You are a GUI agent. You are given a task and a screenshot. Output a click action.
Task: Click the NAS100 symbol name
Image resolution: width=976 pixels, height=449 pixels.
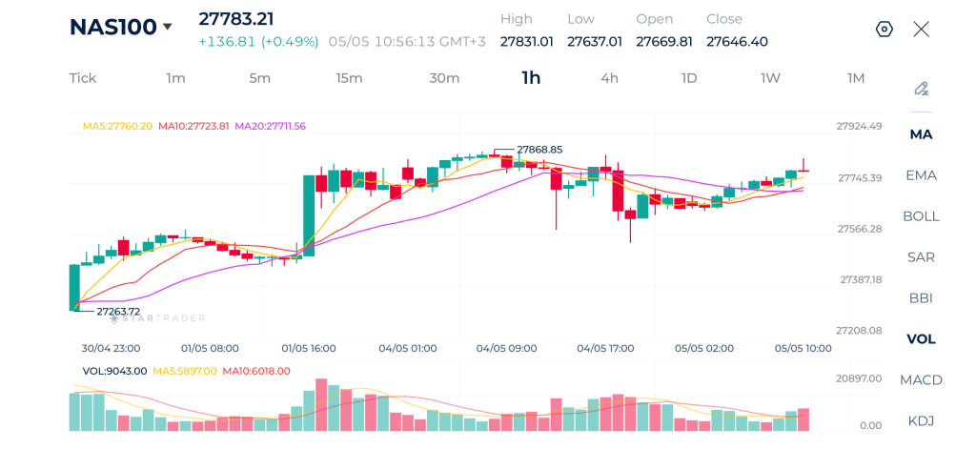112,27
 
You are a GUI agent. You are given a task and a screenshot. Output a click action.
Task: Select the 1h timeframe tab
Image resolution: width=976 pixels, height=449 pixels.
531,78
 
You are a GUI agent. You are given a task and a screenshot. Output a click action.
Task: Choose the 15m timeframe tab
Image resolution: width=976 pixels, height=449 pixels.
349,78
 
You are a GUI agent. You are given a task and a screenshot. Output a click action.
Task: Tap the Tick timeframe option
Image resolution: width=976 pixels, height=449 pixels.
83,78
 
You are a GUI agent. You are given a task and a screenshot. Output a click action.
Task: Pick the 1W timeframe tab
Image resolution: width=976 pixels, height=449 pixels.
770,78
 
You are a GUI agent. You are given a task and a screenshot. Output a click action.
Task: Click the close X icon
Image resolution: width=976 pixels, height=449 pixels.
922,29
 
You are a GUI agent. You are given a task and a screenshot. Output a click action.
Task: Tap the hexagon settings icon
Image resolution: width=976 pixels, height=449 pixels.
884,29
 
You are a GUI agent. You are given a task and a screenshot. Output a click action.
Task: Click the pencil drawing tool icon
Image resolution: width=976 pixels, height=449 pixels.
922,89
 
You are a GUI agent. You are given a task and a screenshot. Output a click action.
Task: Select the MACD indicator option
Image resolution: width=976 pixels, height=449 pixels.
922,379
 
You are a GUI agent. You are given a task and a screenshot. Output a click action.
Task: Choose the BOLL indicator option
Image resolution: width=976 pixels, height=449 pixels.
922,216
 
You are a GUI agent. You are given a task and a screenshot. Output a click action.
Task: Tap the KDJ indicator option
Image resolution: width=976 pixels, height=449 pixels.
922,421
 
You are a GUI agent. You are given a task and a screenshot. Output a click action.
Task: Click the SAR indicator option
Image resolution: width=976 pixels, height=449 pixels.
922,257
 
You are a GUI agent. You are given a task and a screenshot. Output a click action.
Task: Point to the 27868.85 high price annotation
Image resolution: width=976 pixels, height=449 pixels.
539,150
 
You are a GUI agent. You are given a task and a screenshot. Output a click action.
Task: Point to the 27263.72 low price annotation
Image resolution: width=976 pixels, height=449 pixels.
118,312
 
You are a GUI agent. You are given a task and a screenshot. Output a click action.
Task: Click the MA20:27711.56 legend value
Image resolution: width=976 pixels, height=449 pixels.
270,126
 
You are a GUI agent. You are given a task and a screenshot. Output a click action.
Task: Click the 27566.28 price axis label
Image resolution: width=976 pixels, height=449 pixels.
860,229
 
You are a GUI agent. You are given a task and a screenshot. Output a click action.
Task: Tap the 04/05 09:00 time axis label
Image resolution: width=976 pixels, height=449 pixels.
507,348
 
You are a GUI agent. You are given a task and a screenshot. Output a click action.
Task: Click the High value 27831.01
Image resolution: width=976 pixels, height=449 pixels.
526,42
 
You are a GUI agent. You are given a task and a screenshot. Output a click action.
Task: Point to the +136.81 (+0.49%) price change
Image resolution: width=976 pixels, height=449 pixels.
258,42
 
